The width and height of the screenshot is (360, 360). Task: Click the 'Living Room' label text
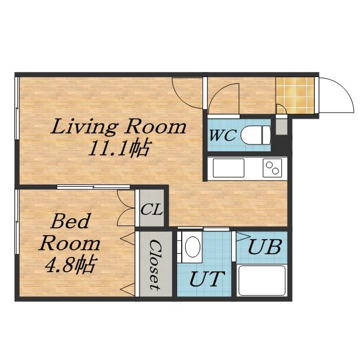[x=119, y=127]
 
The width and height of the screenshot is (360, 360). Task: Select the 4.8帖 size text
[x=70, y=265]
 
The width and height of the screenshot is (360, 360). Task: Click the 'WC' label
[x=222, y=135]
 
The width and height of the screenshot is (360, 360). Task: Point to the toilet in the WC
[x=255, y=135]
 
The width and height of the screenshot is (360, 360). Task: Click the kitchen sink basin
[x=228, y=168]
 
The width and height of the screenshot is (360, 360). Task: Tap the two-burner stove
[x=272, y=168]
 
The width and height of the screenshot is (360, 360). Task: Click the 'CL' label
[x=152, y=210]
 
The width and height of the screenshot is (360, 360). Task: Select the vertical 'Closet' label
[x=155, y=264]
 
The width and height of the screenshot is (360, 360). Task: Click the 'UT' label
[x=207, y=279]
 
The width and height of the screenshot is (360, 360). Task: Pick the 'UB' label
[x=264, y=247]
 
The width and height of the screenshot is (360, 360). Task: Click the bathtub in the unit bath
[x=262, y=280]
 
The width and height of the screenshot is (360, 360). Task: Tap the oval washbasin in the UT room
[x=192, y=247]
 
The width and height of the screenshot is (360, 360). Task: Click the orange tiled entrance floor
[x=295, y=95]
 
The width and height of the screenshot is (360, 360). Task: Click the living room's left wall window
[x=17, y=108]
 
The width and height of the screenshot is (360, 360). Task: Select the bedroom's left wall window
[x=17, y=222]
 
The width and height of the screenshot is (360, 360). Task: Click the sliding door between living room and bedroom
[x=93, y=187]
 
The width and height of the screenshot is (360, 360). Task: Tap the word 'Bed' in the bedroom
[x=70, y=221]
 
